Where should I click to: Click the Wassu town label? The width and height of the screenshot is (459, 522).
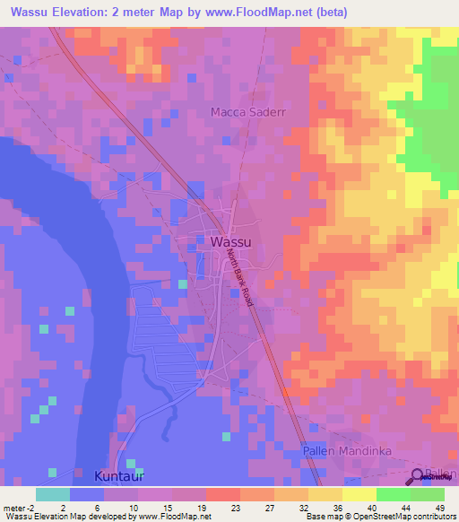(230, 242)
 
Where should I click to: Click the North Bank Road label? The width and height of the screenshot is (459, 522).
(240, 279)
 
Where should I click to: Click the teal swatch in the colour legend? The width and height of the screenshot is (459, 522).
(53, 494)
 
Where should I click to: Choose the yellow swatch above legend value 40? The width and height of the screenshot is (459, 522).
(359, 494)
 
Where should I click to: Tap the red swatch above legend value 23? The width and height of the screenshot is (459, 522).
(223, 494)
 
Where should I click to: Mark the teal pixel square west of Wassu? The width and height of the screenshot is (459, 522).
(183, 284)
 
